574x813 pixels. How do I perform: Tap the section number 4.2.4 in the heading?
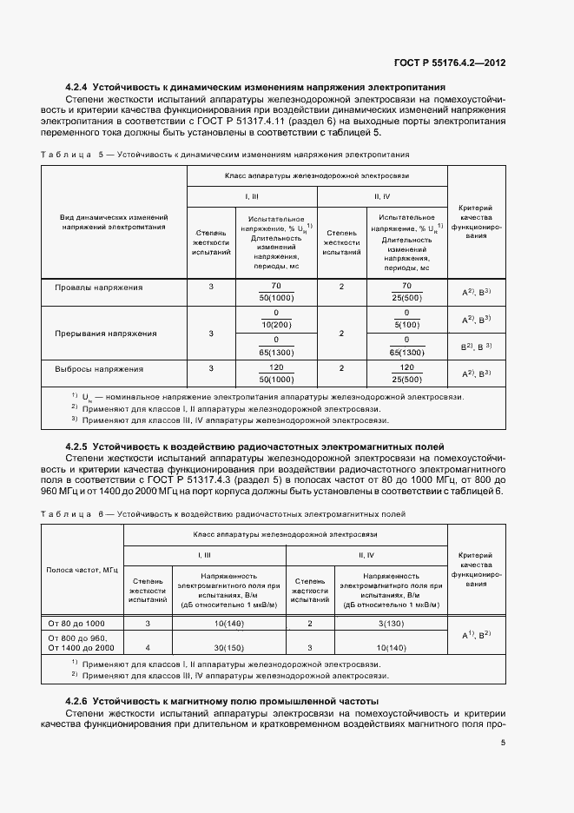tap(78, 88)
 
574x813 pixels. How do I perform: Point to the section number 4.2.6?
tap(78, 700)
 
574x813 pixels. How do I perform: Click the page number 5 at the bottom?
tap(503, 742)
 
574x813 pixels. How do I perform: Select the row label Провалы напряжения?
tap(99, 287)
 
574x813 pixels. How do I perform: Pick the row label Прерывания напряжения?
tap(106, 333)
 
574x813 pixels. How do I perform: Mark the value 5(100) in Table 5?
tap(406, 324)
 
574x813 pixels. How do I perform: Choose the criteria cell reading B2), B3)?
tap(477, 347)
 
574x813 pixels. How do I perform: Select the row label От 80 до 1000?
tap(77, 623)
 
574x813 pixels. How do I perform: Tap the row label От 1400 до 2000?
tap(82, 648)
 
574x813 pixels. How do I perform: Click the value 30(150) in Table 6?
tap(229, 648)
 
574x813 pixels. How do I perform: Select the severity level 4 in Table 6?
tap(148, 648)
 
